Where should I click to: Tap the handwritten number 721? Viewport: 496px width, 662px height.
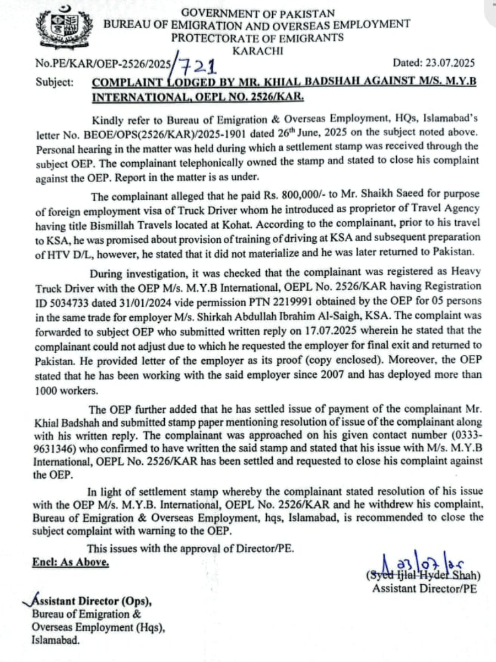[x=195, y=66]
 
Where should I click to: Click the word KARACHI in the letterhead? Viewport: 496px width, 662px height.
[x=258, y=51]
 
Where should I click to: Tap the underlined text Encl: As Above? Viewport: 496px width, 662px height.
[x=69, y=562]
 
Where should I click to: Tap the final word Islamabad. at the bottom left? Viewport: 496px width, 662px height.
[x=55, y=641]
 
